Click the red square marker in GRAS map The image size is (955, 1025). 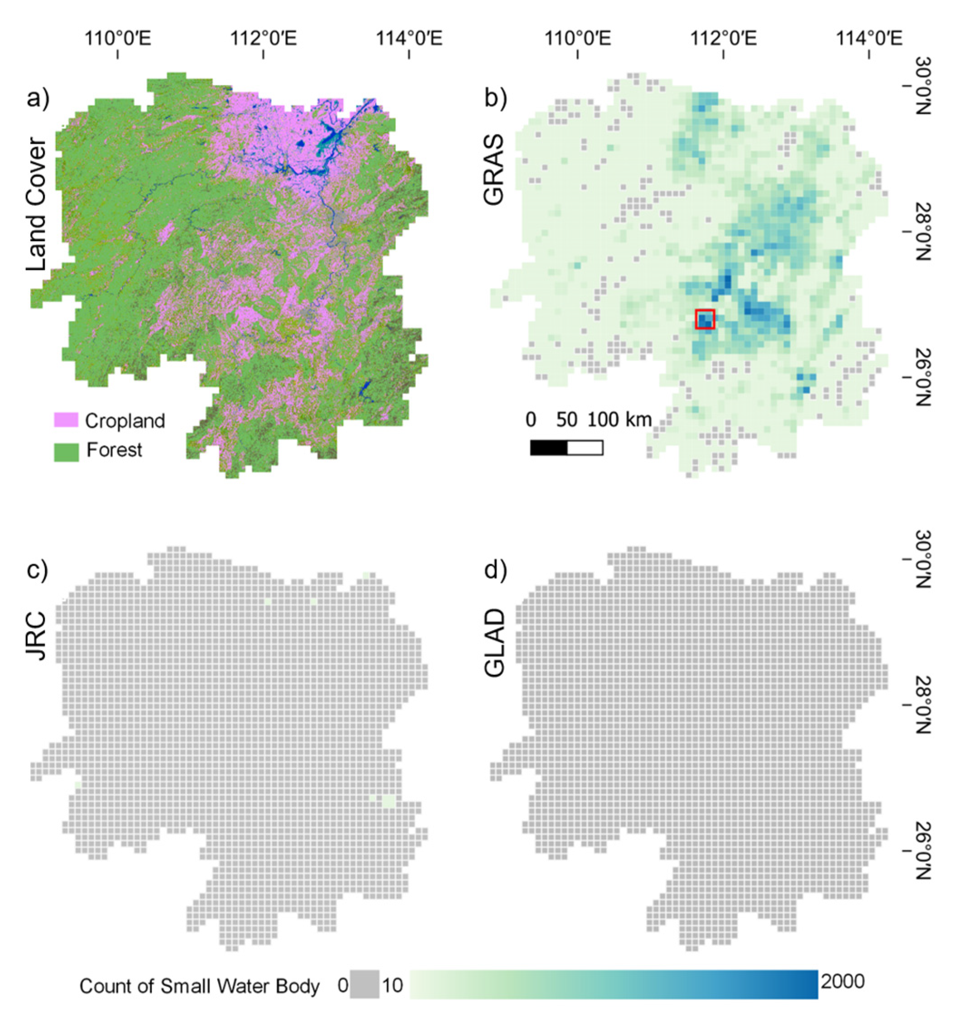(705, 319)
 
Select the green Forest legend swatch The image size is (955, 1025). (66, 451)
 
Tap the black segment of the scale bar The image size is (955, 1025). (548, 448)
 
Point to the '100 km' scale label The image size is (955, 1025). (619, 420)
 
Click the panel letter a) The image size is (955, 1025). (38, 98)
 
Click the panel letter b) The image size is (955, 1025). (495, 98)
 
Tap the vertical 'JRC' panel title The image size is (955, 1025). (37, 635)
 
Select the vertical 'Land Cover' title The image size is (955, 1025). (37, 204)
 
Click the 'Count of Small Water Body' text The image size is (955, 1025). (200, 986)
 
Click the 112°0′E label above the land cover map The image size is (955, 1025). (263, 38)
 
